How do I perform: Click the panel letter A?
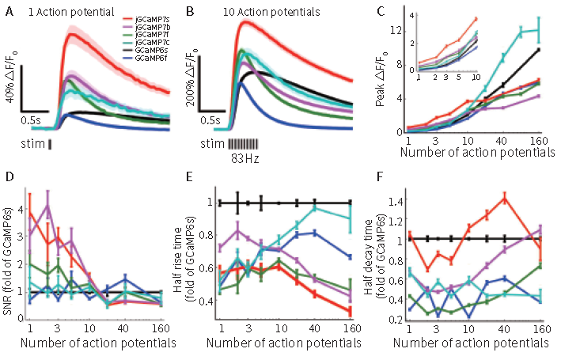9,9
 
